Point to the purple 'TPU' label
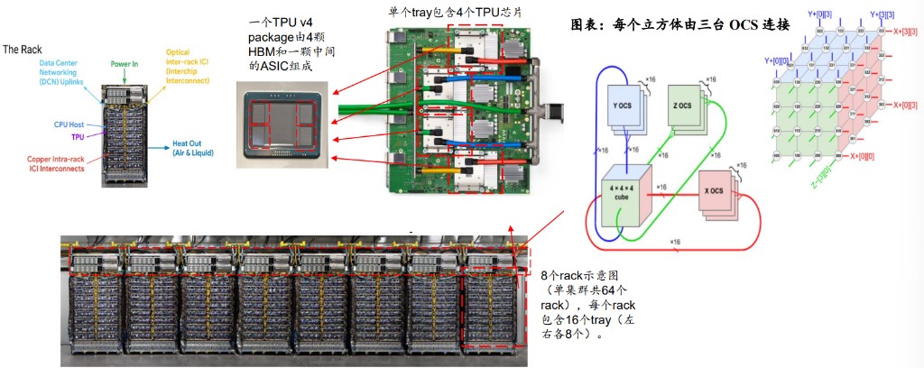click(78, 136)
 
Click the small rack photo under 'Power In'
click(131, 135)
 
